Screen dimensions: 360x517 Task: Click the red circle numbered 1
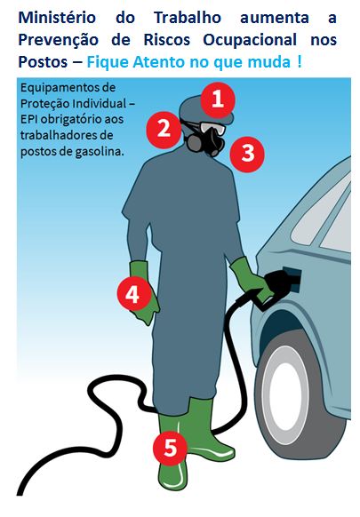218,99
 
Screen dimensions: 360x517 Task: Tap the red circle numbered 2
164,130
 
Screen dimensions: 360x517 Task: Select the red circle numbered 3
247,154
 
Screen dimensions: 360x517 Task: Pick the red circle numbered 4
132,293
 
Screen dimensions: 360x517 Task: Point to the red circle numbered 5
171,448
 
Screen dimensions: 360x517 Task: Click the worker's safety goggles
212,127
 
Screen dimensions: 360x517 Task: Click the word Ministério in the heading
57,17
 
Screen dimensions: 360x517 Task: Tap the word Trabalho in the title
188,17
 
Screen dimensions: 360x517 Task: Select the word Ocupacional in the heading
250,40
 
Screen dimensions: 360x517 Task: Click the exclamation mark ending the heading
300,61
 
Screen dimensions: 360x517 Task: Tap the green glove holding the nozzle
250,280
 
